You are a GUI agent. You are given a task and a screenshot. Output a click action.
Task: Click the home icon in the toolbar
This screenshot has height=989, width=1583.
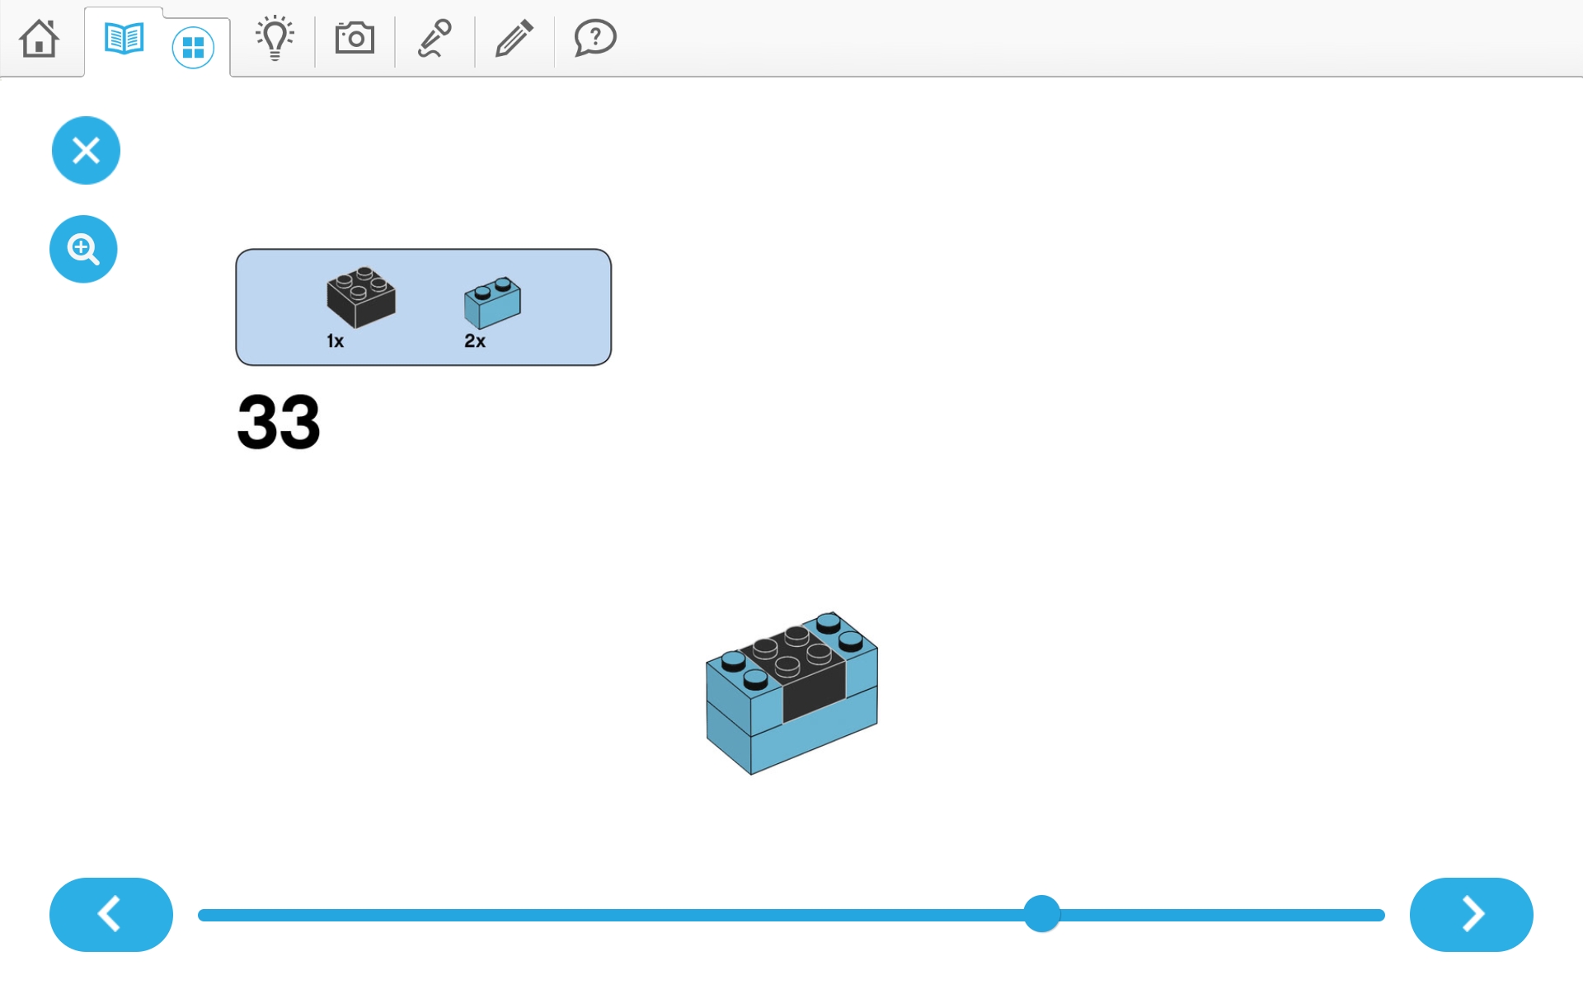click(x=39, y=38)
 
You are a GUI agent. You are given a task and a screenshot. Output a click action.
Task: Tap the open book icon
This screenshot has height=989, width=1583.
click(x=124, y=39)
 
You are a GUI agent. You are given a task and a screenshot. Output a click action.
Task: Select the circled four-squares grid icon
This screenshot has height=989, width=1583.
click(x=193, y=48)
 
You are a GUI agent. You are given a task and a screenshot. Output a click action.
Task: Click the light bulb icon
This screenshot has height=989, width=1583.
click(x=275, y=38)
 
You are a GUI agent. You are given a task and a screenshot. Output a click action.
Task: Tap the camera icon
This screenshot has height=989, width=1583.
click(x=355, y=38)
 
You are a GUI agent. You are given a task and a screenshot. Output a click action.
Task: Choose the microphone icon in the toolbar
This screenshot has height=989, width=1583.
click(x=435, y=38)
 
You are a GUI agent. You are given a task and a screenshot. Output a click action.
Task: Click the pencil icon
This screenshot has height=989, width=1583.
click(x=514, y=38)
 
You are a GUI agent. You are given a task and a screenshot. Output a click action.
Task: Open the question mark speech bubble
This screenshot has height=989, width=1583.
click(x=595, y=38)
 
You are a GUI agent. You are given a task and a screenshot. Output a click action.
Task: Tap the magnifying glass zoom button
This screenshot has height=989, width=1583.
click(x=83, y=249)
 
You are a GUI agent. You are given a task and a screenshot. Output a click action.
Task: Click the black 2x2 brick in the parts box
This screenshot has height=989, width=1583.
click(x=361, y=297)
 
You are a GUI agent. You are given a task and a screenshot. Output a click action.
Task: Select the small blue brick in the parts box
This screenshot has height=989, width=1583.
click(x=492, y=302)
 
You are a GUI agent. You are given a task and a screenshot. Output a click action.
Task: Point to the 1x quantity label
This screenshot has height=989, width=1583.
click(x=335, y=341)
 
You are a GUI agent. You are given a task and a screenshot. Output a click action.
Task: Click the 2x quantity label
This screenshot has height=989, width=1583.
click(x=475, y=341)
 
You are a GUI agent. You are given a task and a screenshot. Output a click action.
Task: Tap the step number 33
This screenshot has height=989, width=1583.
click(x=279, y=422)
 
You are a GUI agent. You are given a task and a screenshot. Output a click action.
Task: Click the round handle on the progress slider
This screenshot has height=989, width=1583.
click(x=1042, y=914)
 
